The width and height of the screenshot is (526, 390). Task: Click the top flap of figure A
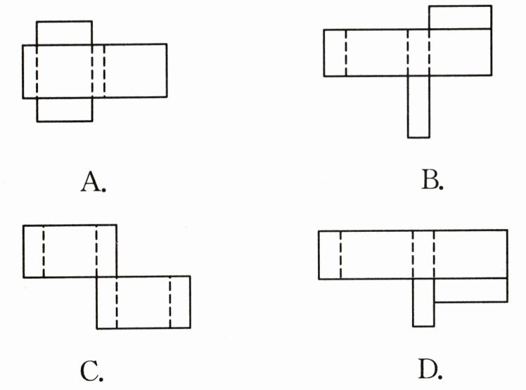[x=64, y=33]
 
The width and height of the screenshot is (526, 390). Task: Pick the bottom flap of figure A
[x=64, y=110]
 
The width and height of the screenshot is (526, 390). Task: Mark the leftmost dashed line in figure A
[x=37, y=71]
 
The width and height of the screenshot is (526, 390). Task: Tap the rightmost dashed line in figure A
[x=103, y=71]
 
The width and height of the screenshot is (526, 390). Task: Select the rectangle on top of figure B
[x=460, y=18]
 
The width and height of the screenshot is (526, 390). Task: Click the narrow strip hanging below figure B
[x=418, y=106]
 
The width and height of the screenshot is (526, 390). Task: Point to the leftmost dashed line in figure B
[x=346, y=53]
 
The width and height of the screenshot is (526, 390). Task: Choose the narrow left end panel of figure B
[x=335, y=53]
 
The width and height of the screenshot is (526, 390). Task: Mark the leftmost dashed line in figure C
[x=43, y=251]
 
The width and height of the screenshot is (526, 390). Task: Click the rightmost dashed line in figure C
[x=170, y=302]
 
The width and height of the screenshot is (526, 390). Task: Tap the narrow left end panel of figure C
[x=33, y=251]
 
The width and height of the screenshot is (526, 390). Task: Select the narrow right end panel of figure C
[x=180, y=302]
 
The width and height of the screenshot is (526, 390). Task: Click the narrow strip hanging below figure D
[x=423, y=301]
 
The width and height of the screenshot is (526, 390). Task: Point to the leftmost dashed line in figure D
[x=340, y=253]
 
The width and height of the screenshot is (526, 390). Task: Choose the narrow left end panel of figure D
[x=330, y=253]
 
